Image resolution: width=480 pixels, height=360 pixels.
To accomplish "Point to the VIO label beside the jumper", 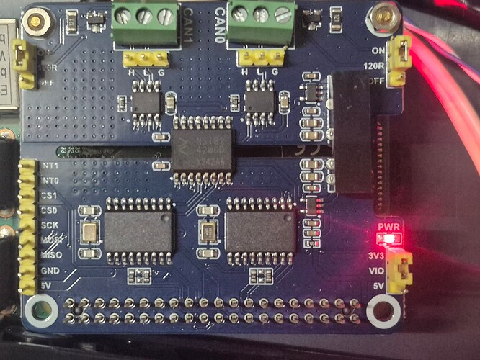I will tap(375, 271).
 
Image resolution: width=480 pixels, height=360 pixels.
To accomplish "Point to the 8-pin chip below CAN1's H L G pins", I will tap(147, 99).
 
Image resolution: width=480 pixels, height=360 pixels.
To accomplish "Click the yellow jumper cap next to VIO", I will tap(397, 272).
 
